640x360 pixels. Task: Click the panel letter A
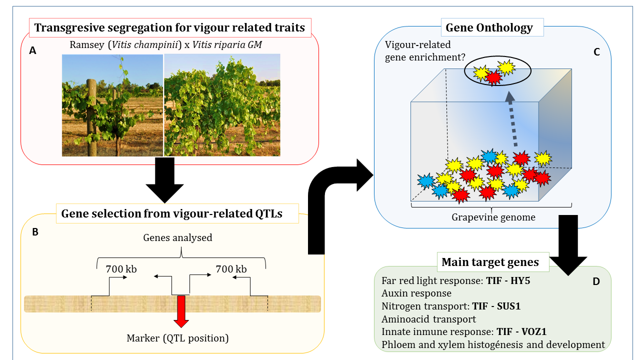pyautogui.click(x=32, y=50)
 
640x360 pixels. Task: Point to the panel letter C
pyautogui.click(x=596, y=51)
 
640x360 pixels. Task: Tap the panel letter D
pyautogui.click(x=596, y=281)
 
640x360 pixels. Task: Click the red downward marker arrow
pyautogui.click(x=180, y=309)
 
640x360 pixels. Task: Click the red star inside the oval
pyautogui.click(x=494, y=77)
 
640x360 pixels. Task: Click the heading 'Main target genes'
pyautogui.click(x=490, y=262)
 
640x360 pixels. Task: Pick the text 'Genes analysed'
pyautogui.click(x=177, y=238)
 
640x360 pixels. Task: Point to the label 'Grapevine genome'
pyautogui.click(x=493, y=217)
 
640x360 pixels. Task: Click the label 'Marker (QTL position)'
pyautogui.click(x=177, y=338)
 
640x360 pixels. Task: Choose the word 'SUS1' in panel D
pyautogui.click(x=508, y=306)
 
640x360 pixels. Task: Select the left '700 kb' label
pyautogui.click(x=121, y=269)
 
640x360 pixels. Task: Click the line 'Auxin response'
pyautogui.click(x=416, y=293)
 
